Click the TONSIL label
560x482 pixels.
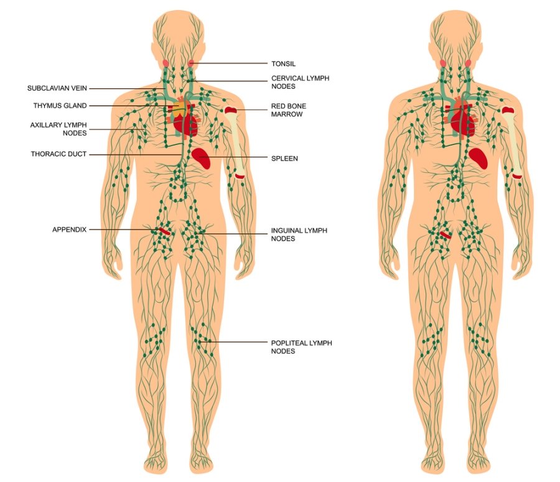point(283,63)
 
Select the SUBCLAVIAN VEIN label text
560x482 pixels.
point(61,88)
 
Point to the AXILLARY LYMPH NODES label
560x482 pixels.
point(58,129)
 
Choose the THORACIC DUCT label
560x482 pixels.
point(58,154)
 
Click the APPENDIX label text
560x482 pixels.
point(69,229)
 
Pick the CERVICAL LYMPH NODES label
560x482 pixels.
point(300,83)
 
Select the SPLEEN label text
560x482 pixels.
point(284,159)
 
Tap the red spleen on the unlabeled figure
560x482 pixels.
point(479,158)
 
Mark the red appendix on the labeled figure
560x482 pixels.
point(163,232)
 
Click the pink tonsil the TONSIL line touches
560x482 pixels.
point(192,63)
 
